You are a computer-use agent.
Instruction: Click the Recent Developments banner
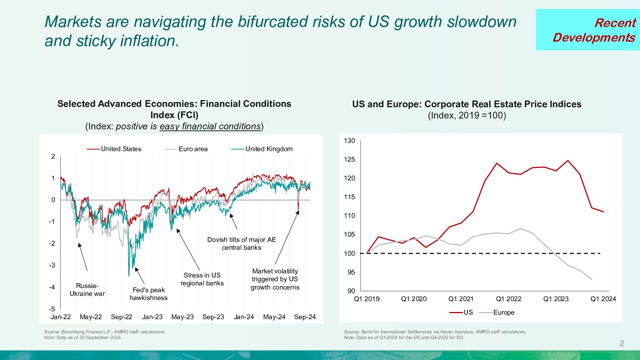588,30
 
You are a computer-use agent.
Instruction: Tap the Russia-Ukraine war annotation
87,290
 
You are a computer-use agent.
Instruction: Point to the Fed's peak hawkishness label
148,294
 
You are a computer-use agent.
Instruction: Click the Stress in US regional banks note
202,279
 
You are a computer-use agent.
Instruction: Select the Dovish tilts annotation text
241,244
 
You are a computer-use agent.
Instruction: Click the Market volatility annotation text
275,279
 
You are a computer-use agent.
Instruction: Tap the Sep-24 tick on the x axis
305,317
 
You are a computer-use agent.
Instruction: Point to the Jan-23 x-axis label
152,317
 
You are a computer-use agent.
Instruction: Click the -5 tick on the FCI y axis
52,309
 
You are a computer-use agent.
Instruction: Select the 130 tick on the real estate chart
349,141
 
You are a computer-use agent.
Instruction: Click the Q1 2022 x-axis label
508,299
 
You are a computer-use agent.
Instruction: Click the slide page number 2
622,343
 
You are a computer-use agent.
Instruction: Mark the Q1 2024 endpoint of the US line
603,212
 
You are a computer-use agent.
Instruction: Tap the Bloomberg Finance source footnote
105,332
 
